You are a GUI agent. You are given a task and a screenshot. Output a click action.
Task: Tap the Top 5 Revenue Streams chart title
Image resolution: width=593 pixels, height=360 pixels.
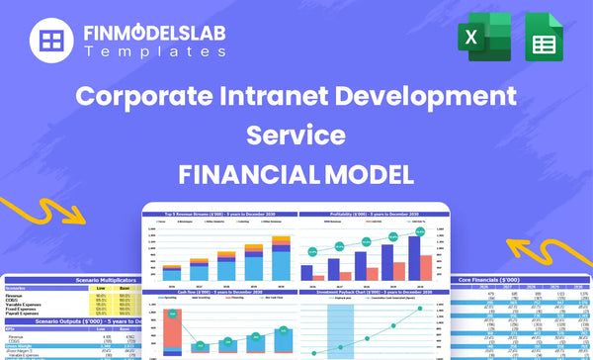[x=218, y=214]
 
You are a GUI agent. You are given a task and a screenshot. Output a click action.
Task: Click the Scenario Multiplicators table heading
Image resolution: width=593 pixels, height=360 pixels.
[x=75, y=280]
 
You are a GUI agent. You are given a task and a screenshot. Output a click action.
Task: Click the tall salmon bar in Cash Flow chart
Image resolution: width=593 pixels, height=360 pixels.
[x=175, y=327]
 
